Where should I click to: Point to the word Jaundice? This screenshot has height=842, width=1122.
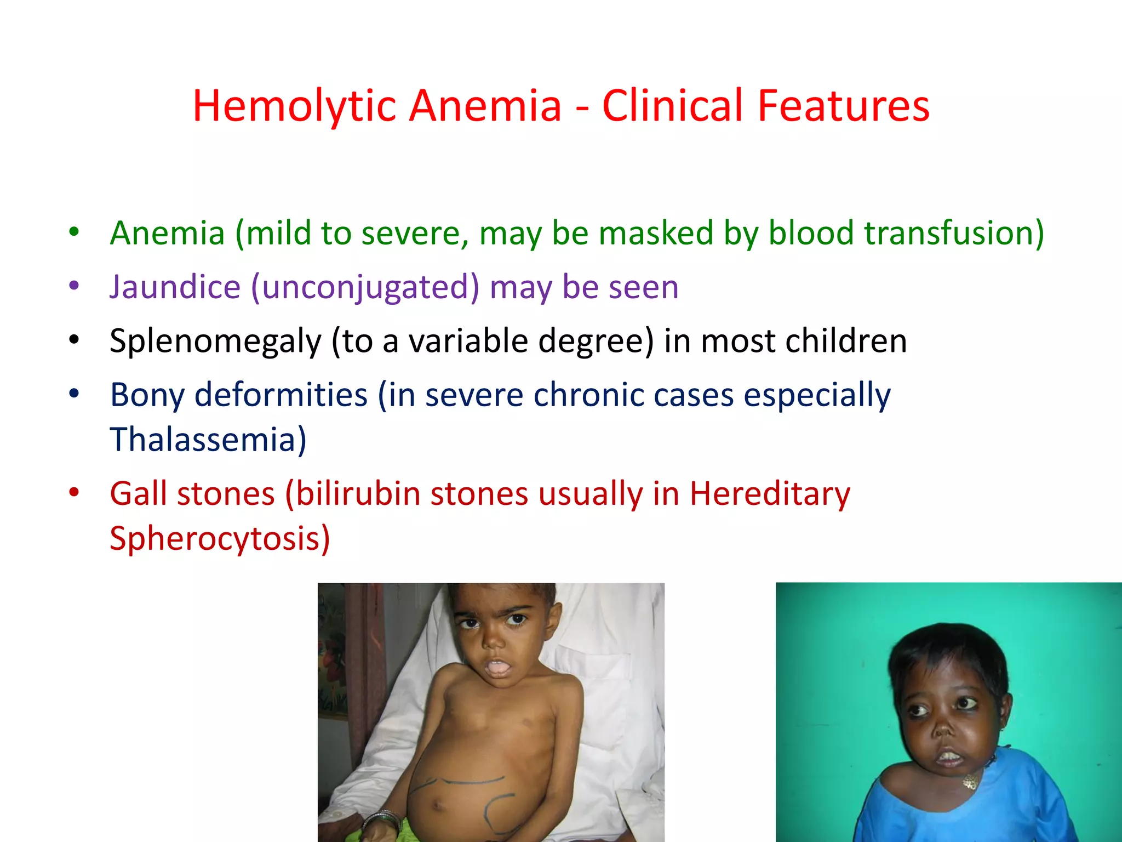point(175,287)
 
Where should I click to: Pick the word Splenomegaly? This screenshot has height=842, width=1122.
point(215,342)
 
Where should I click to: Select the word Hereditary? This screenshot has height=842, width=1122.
point(769,493)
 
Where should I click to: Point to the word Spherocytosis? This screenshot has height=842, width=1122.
point(219,538)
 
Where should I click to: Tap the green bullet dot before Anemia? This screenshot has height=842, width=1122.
point(74,231)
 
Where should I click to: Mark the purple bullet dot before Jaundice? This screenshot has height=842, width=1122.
point(74,286)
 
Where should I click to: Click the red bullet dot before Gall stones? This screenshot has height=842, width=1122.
point(74,492)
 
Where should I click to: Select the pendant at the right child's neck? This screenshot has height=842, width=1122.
point(970,781)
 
